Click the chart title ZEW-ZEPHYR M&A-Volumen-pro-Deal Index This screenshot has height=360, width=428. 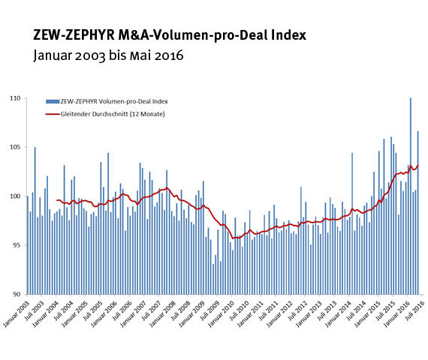coord(170,35)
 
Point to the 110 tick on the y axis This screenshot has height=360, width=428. coord(16,98)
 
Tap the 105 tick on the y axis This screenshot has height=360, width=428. coord(16,147)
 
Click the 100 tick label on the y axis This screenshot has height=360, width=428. coord(16,196)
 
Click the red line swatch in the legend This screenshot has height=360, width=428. coord(52,114)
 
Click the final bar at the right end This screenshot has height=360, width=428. coord(418,212)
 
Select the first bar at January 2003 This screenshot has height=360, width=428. coord(28,245)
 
